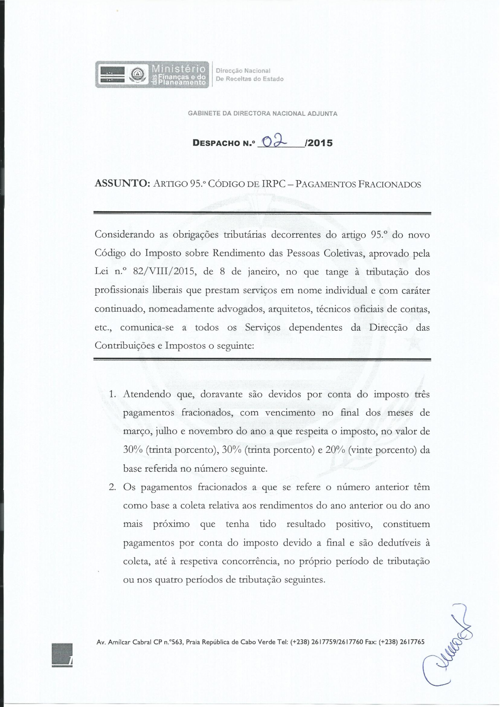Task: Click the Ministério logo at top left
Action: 152,75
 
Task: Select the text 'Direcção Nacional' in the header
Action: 243,71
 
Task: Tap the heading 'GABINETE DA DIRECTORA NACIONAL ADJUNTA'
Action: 262,114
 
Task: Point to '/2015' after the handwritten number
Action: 318,143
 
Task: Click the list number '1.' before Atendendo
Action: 112,394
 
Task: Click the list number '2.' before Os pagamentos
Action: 112,487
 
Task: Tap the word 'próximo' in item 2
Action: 171,524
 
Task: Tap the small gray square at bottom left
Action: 62,655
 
